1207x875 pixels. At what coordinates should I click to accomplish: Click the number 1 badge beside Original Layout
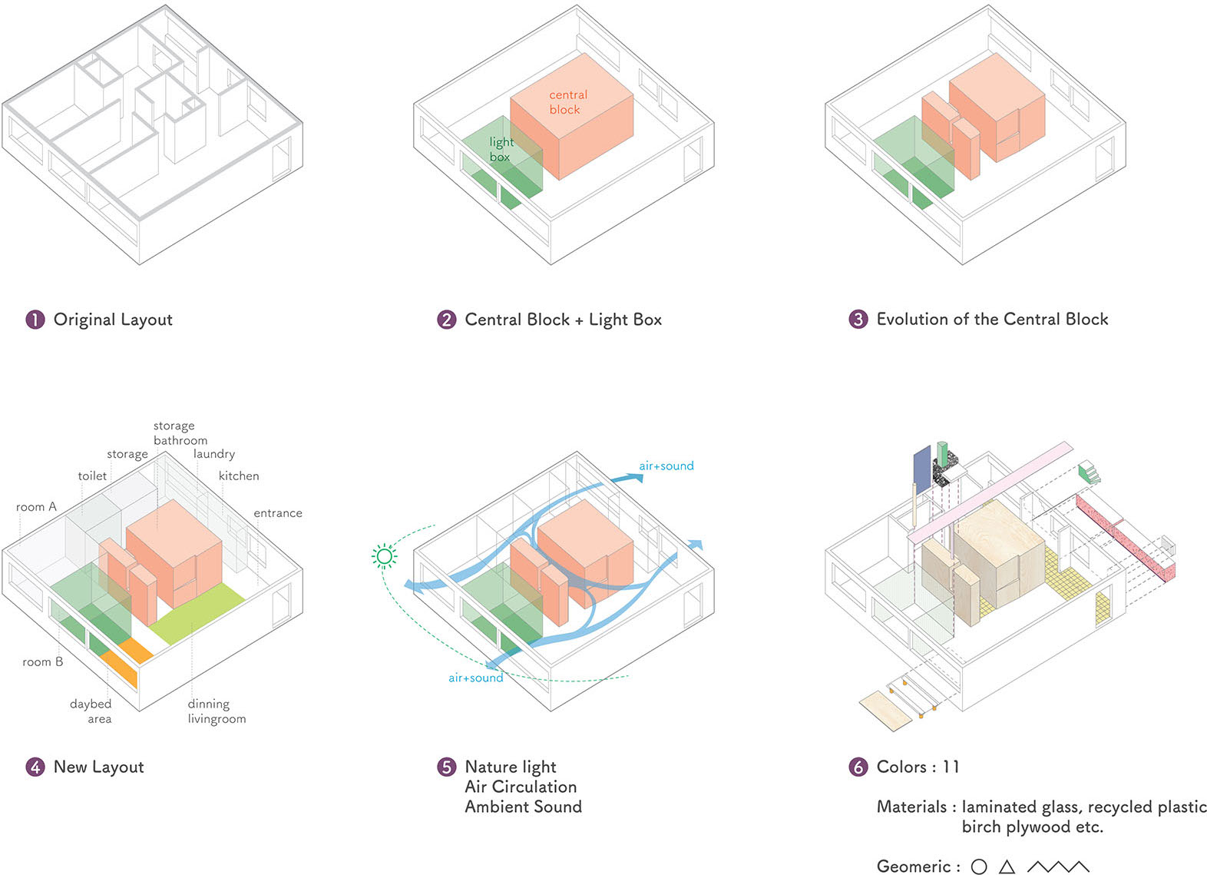tap(35, 320)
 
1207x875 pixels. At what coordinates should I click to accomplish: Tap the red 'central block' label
tap(567, 102)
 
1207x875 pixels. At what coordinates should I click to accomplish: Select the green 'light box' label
tap(501, 150)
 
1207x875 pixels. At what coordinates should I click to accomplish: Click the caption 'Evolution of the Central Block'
tap(992, 320)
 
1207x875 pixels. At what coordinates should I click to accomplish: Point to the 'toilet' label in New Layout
tap(92, 476)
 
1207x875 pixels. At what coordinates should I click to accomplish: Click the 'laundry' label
tap(214, 454)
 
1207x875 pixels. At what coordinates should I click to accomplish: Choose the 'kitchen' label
tap(239, 476)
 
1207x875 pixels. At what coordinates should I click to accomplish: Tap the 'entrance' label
tap(278, 513)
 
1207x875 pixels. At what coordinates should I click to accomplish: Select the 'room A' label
tap(36, 507)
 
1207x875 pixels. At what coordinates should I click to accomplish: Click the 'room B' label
tap(43, 662)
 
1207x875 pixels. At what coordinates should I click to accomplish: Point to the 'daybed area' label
tap(91, 711)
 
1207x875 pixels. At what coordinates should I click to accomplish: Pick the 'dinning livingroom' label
tap(217, 711)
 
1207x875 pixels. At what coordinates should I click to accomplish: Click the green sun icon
tap(385, 556)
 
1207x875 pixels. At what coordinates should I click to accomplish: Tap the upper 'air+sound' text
tap(666, 466)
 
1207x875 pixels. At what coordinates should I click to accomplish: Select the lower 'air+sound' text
tap(476, 678)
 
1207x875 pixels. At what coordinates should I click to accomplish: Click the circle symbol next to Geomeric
tap(979, 867)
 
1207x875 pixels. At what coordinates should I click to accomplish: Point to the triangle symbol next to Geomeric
tap(1007, 867)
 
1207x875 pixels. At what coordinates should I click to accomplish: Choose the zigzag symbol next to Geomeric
tap(1058, 867)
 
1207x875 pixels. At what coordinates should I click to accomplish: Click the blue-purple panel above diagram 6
tap(921, 469)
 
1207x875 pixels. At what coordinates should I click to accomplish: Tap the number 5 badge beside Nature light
tap(447, 767)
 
